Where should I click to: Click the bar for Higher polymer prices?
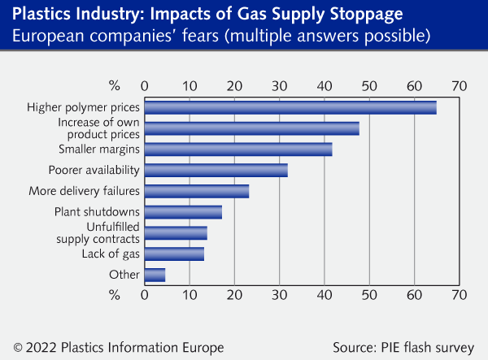[290, 107]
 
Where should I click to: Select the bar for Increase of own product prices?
[252, 128]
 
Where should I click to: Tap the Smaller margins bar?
[238, 150]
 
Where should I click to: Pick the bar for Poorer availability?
[216, 171]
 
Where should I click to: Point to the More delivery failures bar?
[197, 192]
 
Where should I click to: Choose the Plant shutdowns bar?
[183, 212]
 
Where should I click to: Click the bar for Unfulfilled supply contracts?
[176, 233]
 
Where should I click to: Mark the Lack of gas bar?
[174, 254]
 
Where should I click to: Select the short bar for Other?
[155, 275]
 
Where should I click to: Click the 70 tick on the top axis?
[460, 85]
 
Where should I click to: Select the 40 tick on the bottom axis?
[325, 293]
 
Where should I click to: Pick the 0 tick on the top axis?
[145, 85]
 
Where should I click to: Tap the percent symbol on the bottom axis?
[114, 293]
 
